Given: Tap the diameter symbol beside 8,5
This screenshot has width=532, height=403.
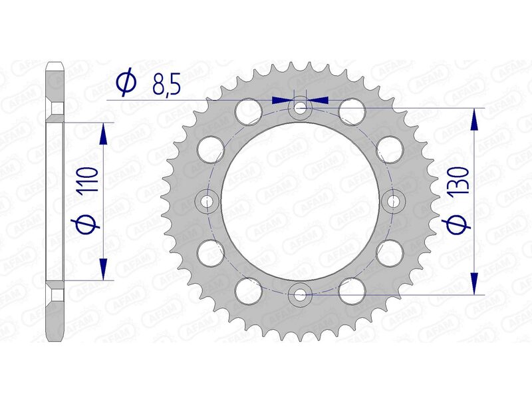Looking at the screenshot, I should (126, 84).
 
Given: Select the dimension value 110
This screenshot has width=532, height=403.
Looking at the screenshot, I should (90, 181).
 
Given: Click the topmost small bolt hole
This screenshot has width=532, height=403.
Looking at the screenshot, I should (301, 107).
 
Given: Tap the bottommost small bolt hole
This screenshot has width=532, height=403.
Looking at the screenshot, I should (301, 293).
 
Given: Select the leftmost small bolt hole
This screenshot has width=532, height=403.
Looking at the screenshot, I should (208, 200).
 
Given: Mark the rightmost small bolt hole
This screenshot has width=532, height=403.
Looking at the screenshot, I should (393, 200).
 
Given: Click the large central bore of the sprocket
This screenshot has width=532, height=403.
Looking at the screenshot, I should (301, 200).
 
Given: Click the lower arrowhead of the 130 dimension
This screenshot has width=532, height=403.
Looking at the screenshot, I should (474, 282).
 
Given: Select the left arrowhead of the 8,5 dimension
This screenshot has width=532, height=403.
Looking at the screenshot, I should (282, 100).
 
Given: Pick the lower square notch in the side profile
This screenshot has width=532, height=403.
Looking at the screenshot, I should (56, 293).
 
